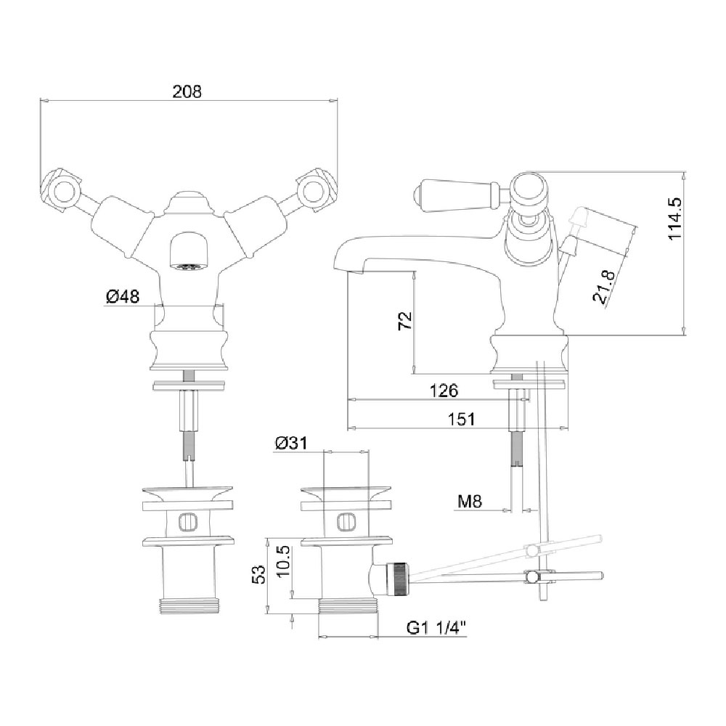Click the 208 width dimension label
[x=187, y=91]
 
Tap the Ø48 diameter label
[x=123, y=296]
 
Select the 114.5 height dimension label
[x=675, y=218]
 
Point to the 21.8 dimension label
[x=604, y=287]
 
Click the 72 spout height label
[x=405, y=320]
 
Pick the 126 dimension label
[x=444, y=391]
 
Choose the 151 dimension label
[x=461, y=419]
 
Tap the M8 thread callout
[x=470, y=501]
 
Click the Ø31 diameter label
[x=291, y=443]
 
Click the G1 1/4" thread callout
[x=436, y=628]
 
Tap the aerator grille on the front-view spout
[x=188, y=267]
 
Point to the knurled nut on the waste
[x=399, y=579]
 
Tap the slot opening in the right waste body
[x=346, y=523]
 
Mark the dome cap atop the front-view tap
[x=188, y=203]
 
